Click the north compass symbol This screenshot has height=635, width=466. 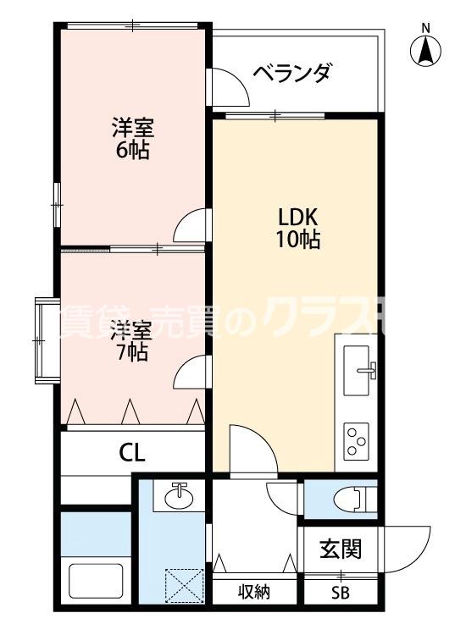tap(425, 50)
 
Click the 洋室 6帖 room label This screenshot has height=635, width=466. tap(132, 141)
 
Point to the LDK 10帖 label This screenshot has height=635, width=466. tap(296, 227)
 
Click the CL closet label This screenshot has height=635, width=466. tap(131, 452)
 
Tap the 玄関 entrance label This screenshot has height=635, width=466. tap(341, 549)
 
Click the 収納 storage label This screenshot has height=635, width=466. tap(253, 593)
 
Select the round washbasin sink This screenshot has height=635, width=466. tap(179, 497)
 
